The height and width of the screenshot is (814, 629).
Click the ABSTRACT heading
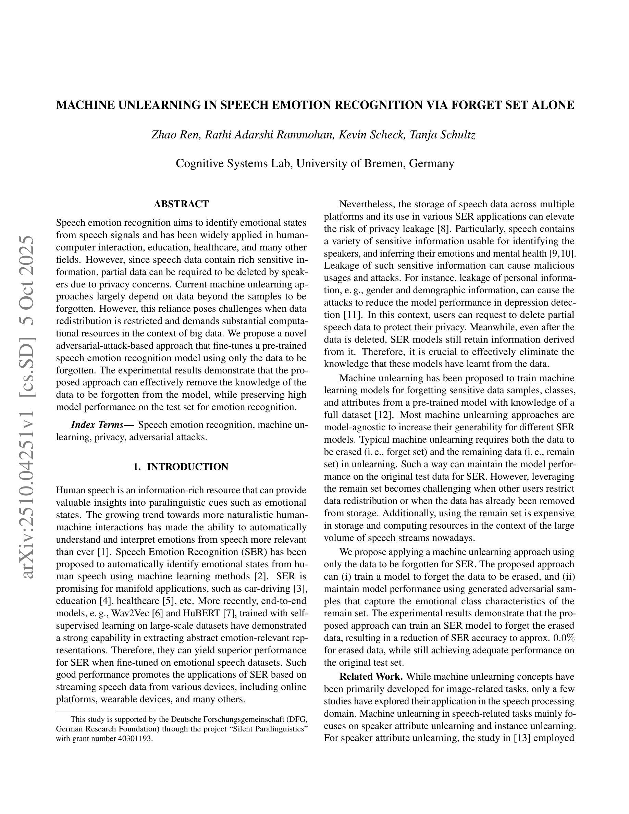click(x=181, y=204)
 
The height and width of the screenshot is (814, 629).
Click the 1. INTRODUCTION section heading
click(x=181, y=467)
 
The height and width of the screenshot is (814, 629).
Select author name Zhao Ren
click(x=175, y=135)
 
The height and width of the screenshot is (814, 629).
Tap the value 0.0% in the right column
click(x=564, y=638)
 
